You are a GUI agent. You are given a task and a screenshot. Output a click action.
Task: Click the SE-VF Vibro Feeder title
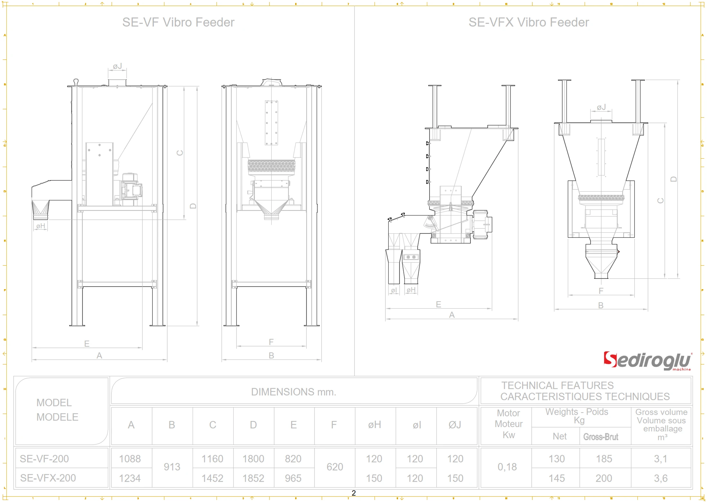coord(178,22)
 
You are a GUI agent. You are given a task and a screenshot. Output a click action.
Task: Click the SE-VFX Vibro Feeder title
coord(528,22)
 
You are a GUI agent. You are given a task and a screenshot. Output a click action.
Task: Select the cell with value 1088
coord(130,458)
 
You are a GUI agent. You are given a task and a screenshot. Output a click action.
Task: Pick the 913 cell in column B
coord(172,467)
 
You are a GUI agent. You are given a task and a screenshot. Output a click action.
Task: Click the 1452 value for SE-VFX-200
coord(212,478)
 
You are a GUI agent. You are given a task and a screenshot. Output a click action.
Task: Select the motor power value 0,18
coord(507,467)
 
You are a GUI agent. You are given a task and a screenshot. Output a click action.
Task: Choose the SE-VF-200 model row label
coord(44,458)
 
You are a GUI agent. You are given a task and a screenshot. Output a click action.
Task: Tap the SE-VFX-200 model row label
coord(48,478)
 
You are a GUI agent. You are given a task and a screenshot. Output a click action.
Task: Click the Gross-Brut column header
coord(600,437)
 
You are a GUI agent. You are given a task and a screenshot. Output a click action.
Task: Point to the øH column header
coord(374,425)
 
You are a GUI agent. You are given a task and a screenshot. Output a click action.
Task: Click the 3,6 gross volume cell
coord(660,478)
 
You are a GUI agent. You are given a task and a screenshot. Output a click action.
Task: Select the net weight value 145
coord(557,478)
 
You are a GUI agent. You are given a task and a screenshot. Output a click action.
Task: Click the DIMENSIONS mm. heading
coord(293,392)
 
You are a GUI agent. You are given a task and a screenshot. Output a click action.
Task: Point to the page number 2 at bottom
coord(353,493)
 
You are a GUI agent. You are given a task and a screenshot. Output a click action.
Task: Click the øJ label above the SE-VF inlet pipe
coord(117,66)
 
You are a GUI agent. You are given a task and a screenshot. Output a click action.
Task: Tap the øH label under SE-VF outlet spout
coord(41,226)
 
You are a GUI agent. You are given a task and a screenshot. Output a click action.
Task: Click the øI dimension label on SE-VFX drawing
coord(393,290)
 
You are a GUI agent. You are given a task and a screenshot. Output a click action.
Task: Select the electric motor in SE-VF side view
coord(131,189)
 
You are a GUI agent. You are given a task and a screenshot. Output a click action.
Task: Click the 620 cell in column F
coord(334,467)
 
